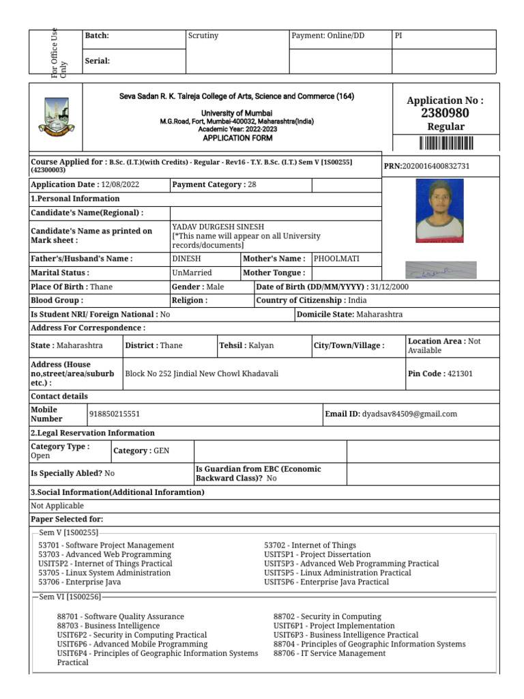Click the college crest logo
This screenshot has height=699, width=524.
pyautogui.click(x=55, y=117)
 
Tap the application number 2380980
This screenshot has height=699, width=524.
pyautogui.click(x=446, y=113)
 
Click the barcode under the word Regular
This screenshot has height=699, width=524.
pyautogui.click(x=446, y=143)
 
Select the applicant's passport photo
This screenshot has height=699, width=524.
pyautogui.click(x=439, y=210)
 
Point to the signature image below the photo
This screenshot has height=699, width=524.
pyautogui.click(x=441, y=270)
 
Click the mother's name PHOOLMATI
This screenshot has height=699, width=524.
pyautogui.click(x=336, y=259)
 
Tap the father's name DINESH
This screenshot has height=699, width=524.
pyautogui.click(x=187, y=259)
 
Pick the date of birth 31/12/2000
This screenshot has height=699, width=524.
pyautogui.click(x=390, y=287)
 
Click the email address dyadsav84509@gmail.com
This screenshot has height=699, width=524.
pyautogui.click(x=409, y=414)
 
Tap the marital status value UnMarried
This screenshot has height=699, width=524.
pyautogui.click(x=192, y=273)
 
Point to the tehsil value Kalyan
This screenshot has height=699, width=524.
pyautogui.click(x=261, y=345)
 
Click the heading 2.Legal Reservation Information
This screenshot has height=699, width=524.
pyautogui.click(x=93, y=433)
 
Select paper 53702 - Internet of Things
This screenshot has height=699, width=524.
pyautogui.click(x=310, y=545)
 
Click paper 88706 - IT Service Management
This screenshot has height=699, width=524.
pyautogui.click(x=329, y=653)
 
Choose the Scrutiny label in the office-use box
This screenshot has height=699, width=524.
pyautogui.click(x=203, y=35)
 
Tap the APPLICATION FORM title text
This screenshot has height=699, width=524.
pyautogui.click(x=237, y=138)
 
